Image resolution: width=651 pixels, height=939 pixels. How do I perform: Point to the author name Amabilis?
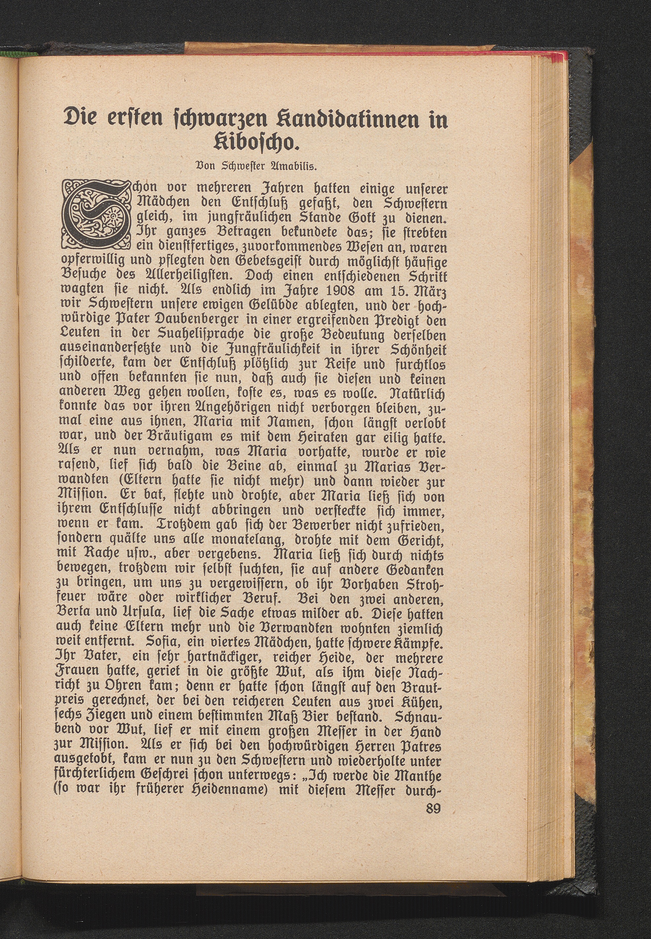(291, 166)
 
